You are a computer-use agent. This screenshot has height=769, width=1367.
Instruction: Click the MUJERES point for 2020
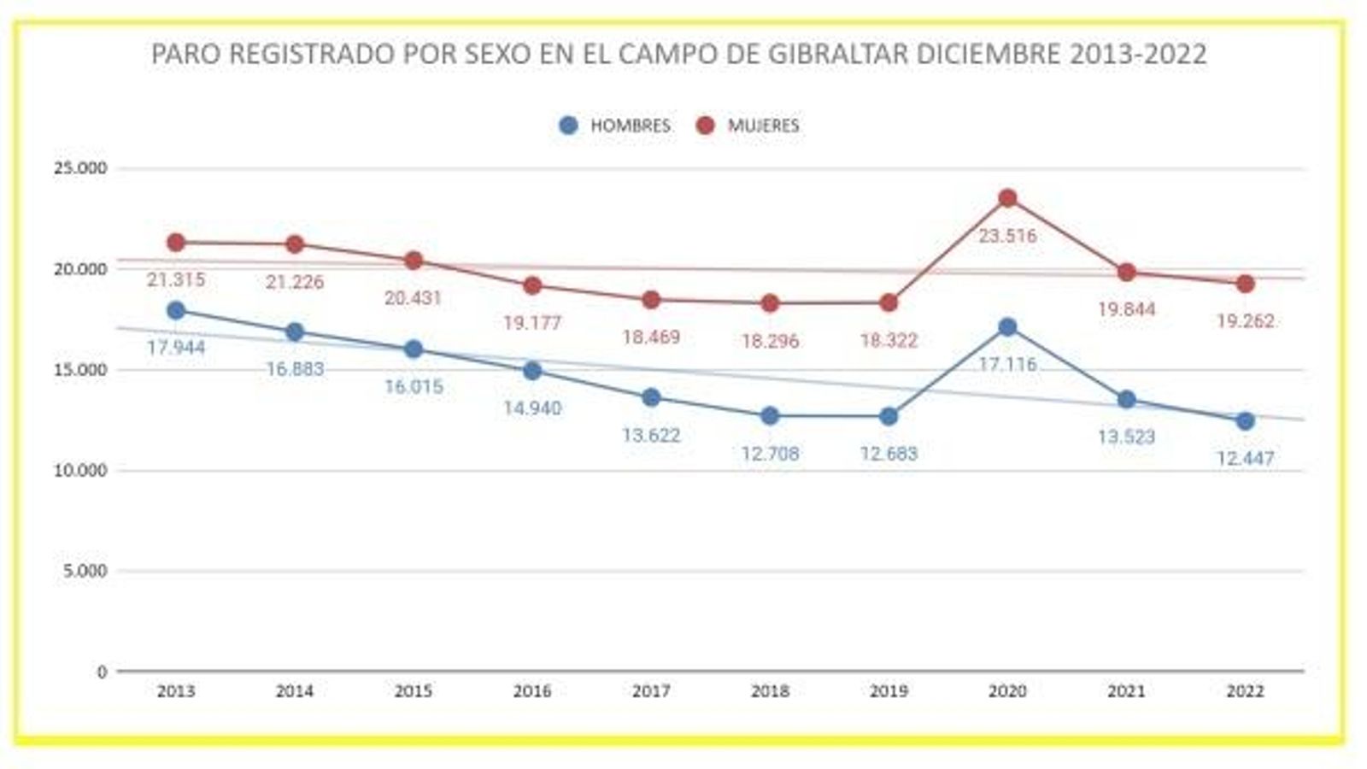click(1007, 198)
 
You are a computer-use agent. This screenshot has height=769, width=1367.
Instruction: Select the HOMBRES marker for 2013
click(176, 310)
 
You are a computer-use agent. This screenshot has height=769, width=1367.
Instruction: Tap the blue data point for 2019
click(889, 416)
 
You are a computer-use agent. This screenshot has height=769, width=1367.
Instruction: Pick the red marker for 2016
click(532, 285)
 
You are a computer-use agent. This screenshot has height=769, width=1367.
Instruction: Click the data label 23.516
click(1007, 236)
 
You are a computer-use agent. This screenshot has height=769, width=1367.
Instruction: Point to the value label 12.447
click(1245, 459)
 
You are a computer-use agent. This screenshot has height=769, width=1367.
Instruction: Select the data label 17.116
click(1007, 364)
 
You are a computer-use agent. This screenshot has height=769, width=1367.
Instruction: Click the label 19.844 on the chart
click(1126, 309)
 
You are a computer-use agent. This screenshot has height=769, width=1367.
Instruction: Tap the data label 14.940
click(532, 408)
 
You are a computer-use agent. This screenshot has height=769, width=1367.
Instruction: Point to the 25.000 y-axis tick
click(81, 168)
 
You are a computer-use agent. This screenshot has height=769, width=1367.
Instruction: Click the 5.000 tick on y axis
click(85, 571)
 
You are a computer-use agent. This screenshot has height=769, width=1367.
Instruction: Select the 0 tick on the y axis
click(102, 672)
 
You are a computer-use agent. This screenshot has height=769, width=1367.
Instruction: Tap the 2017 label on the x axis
click(651, 691)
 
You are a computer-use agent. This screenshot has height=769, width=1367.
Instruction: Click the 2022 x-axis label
click(1245, 691)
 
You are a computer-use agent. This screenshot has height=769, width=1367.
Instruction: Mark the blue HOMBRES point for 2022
click(1245, 421)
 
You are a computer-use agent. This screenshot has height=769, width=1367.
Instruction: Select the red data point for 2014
click(295, 244)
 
